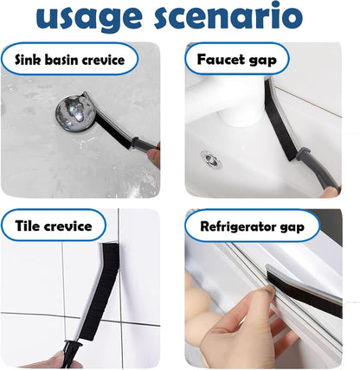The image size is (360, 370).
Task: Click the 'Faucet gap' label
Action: coord(236,59)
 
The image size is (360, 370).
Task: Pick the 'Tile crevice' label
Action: coord(53,226)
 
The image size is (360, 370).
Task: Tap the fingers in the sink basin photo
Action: coord(154,157)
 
